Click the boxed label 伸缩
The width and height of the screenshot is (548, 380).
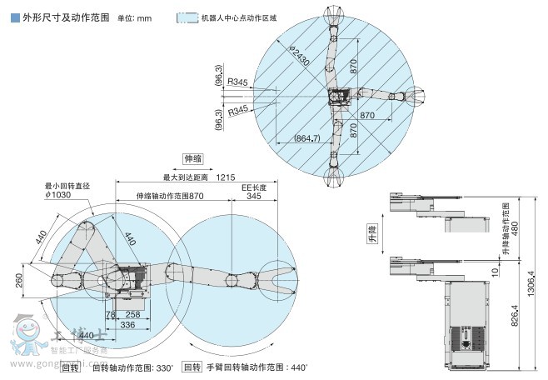point(194,158)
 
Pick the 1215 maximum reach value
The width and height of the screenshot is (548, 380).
point(224,177)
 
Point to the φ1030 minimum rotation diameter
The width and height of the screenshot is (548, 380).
point(60,196)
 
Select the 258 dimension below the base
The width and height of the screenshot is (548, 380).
point(131,313)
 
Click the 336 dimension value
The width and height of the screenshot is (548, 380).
point(122,325)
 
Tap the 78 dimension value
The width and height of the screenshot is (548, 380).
point(109,313)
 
